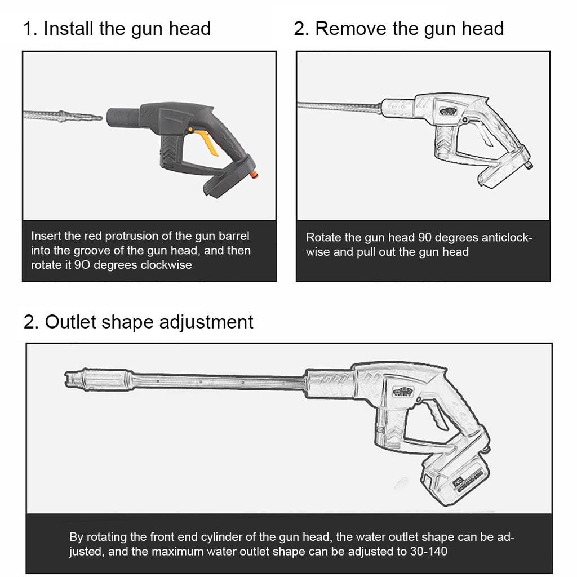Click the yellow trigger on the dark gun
click(x=206, y=141)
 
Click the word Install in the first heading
click(x=68, y=28)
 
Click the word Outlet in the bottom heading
click(x=70, y=322)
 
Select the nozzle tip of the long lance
click(x=74, y=379)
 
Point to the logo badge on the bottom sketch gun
click(x=403, y=392)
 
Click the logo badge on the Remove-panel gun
click(x=449, y=110)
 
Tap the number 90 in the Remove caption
click(x=425, y=237)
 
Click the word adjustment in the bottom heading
click(x=206, y=322)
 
